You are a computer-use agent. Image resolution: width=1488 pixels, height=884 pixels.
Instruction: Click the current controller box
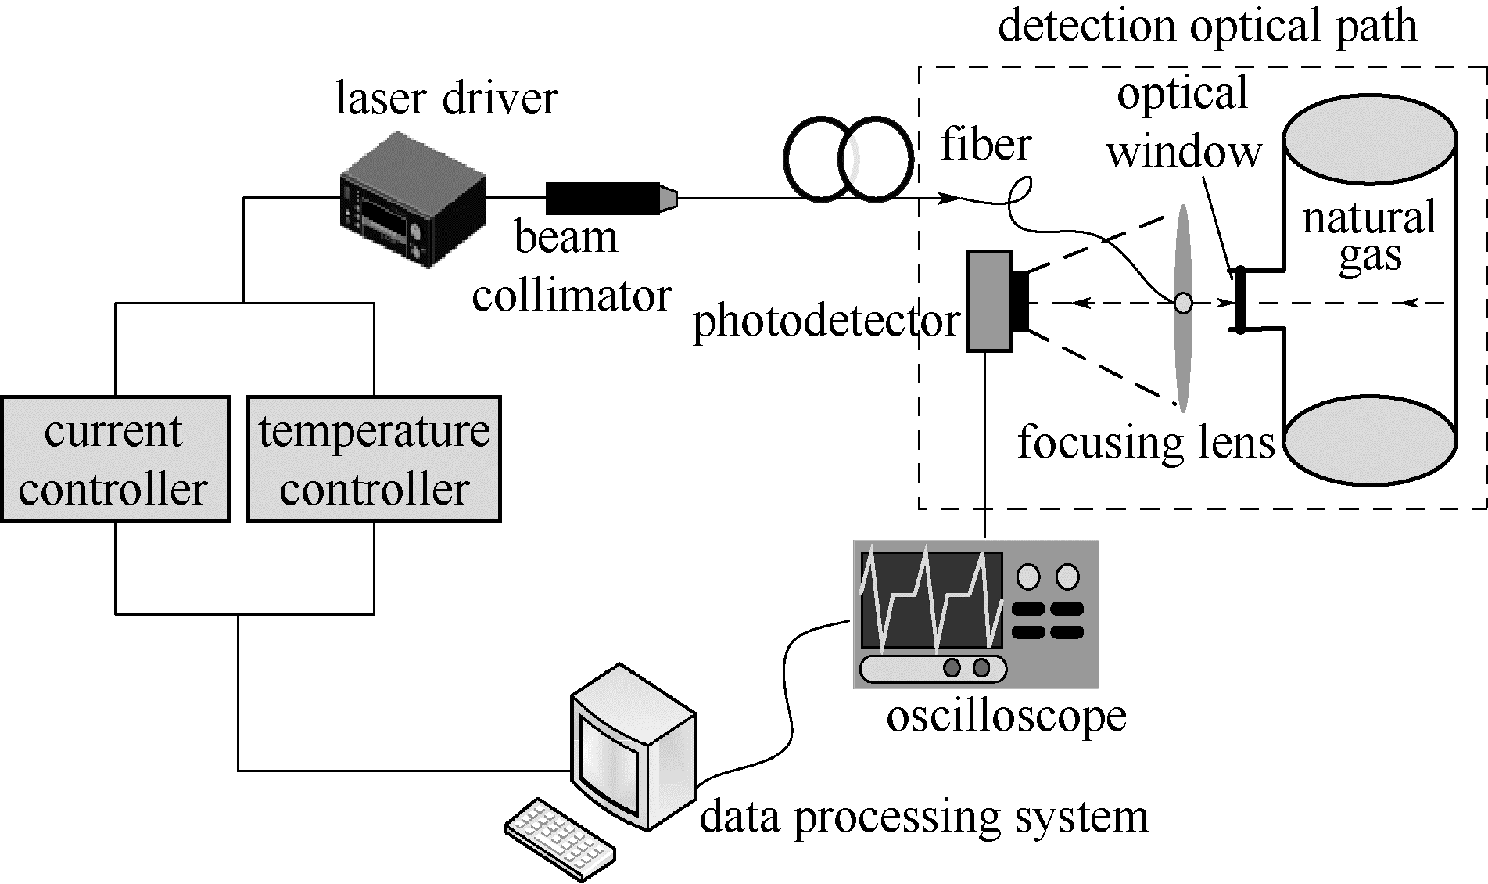point(114,459)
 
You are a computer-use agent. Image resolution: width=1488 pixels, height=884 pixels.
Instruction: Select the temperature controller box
point(374,459)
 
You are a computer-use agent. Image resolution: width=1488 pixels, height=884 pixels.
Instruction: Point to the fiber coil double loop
point(849,159)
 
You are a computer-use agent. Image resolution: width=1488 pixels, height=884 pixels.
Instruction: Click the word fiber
point(986,145)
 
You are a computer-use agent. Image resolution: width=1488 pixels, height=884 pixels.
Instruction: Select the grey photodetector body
point(988,301)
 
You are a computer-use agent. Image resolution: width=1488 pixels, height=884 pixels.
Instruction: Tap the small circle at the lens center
point(1184,303)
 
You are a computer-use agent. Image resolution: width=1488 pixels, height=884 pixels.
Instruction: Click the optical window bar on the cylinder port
point(1239,300)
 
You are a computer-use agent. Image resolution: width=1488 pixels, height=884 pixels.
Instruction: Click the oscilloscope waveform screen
point(930,600)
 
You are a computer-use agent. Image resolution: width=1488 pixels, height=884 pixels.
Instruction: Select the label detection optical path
point(1207,25)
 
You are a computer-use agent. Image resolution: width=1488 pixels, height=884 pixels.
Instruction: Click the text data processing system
point(923,816)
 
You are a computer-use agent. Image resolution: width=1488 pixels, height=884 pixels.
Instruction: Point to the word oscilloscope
point(1006,715)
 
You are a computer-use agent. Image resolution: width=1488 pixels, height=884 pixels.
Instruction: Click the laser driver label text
point(446,99)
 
